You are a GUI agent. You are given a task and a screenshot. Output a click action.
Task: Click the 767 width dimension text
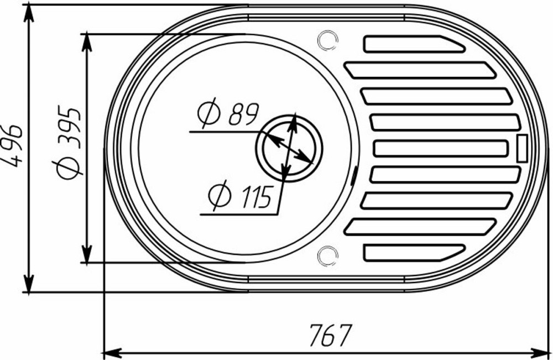330,334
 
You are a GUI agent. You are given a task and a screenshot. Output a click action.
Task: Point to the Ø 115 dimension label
241,197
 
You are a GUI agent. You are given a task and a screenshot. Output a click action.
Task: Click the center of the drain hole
288,148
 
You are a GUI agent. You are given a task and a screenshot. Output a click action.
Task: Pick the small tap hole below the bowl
328,255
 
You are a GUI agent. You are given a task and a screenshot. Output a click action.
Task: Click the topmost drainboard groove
412,44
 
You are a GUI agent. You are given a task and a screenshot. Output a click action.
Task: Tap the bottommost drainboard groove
412,252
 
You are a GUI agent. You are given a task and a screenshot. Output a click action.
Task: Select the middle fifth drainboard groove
441,148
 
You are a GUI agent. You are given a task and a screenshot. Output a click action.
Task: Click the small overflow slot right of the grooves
521,148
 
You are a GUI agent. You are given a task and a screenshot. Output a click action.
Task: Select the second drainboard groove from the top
420,70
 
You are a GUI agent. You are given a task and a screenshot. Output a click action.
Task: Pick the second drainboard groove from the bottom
420,226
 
